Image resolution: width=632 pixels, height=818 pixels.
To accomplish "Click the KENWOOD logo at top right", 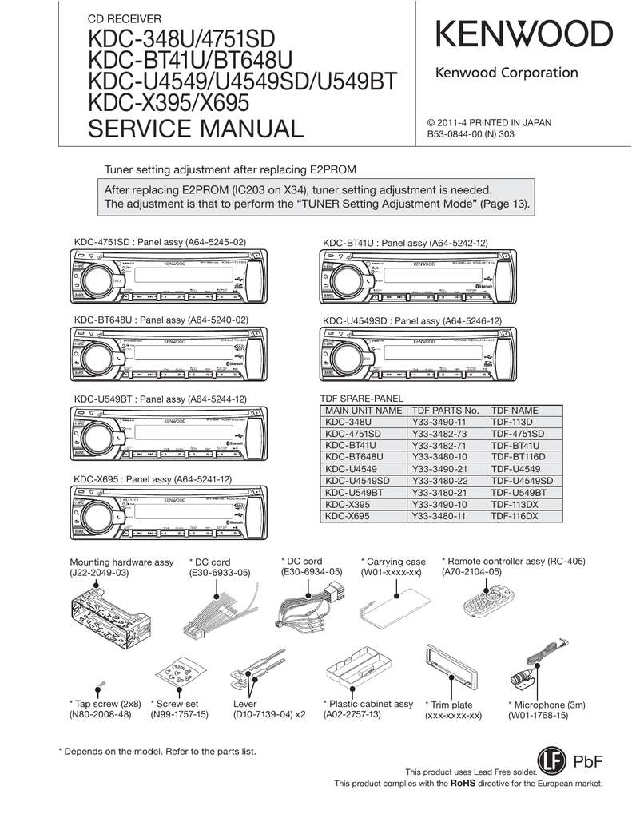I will pos(523,35).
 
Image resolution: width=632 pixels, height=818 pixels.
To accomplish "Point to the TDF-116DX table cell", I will pos(515,517).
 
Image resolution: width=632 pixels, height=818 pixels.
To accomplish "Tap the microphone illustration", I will pos(537,660).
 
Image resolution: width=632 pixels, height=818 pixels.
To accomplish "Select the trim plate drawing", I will pos(451,670).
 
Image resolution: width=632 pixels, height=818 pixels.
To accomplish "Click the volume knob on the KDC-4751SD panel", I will pos(95,279).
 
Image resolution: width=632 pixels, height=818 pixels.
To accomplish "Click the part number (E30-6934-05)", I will pos(312,572).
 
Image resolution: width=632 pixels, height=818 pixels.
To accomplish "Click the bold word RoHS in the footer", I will pos(463,784).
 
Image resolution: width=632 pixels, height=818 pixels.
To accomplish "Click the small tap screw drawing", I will pos(102,685).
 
